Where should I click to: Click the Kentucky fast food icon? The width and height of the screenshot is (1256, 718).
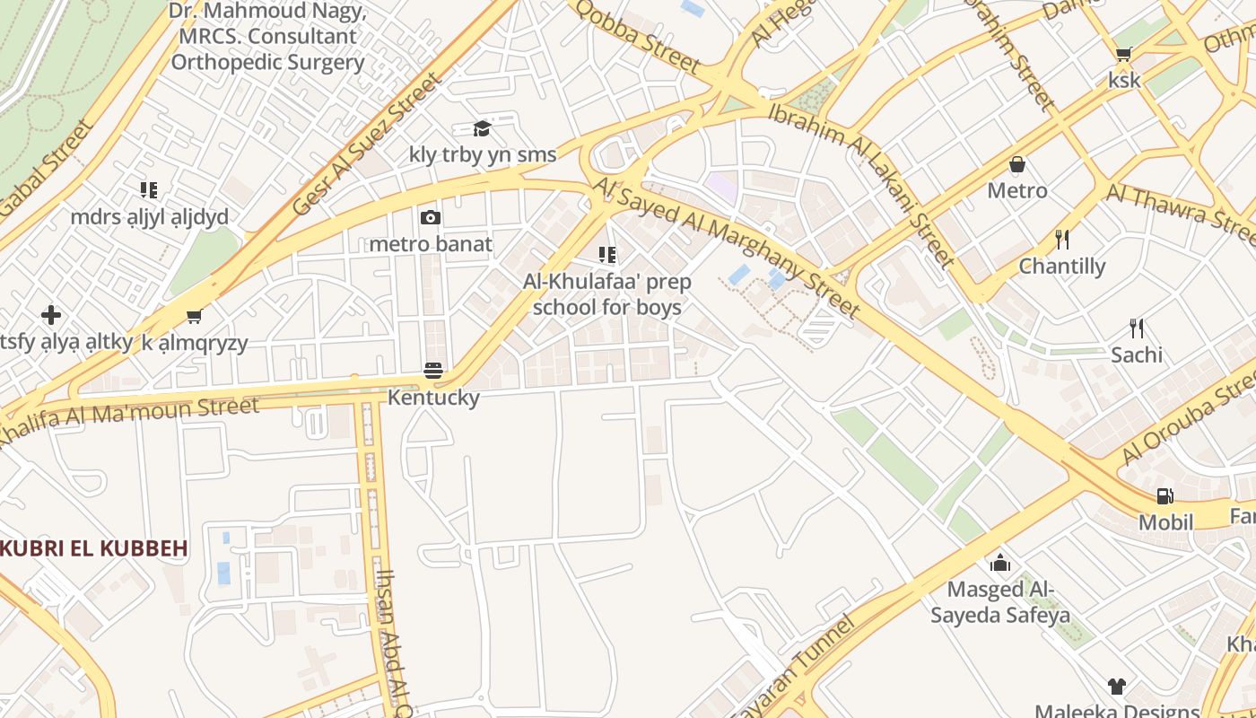tap(433, 371)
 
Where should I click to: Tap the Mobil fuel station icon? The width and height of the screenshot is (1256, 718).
tap(1165, 495)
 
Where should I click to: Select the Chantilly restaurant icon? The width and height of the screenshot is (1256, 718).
tap(1062, 239)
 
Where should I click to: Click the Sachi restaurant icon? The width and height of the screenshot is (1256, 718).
tap(1137, 328)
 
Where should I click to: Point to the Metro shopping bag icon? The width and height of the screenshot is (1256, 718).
tap(1017, 164)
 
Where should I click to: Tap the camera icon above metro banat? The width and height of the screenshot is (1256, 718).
tap(431, 217)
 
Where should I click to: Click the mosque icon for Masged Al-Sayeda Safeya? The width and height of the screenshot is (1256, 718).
tap(999, 563)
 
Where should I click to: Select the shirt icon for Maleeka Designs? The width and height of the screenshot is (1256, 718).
tap(1116, 687)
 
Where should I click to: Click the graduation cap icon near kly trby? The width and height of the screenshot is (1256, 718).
tap(483, 128)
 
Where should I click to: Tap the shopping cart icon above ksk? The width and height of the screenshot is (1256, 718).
tap(1123, 54)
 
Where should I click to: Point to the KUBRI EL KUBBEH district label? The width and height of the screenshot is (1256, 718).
tap(93, 548)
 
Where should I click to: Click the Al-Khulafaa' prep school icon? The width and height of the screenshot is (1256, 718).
tap(607, 256)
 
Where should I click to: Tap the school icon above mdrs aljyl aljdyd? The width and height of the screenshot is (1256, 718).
tap(149, 190)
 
